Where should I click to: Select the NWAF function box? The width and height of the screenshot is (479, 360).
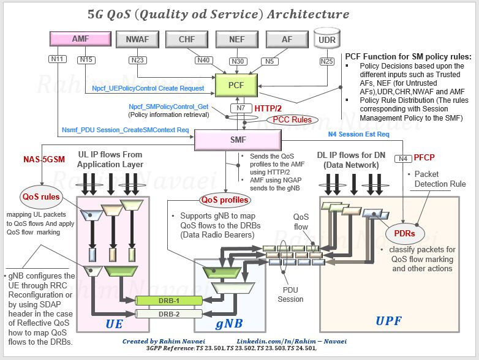tap(137, 40)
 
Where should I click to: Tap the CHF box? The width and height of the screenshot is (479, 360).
tap(187, 40)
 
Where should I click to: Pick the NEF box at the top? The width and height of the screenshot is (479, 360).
tap(236, 40)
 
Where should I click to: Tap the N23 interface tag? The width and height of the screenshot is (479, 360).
tap(137, 59)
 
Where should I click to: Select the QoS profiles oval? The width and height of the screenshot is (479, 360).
tap(224, 200)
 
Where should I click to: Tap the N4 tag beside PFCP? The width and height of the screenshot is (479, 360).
tap(403, 159)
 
